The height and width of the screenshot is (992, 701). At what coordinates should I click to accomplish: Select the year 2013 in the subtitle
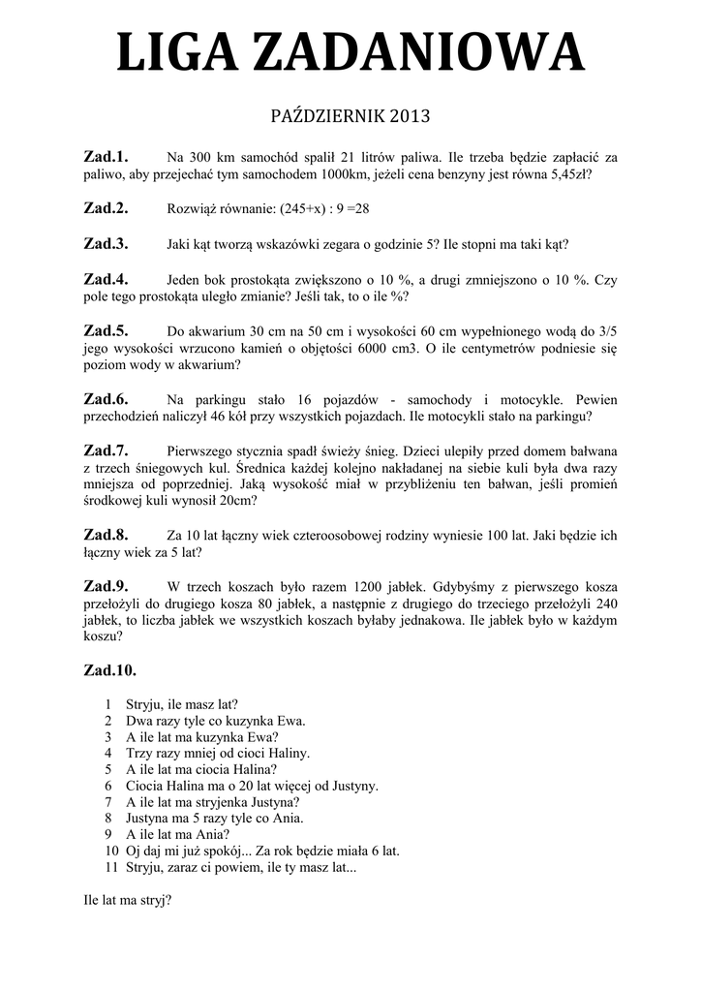[x=408, y=117]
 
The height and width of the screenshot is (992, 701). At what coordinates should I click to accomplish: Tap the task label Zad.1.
[x=107, y=156]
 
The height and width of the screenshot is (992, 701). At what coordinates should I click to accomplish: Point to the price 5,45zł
[x=566, y=175]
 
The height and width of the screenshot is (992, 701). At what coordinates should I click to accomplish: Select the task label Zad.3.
[x=107, y=243]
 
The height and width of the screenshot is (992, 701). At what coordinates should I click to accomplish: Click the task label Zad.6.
[x=107, y=399]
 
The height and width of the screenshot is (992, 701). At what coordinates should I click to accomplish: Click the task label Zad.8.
[x=107, y=534]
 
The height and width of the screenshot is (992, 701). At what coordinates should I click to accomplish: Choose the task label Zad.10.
[x=110, y=669]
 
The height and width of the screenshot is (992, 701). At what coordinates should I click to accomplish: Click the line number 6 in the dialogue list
[x=108, y=786]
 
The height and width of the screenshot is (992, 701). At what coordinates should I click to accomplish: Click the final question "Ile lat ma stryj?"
[x=128, y=900]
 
